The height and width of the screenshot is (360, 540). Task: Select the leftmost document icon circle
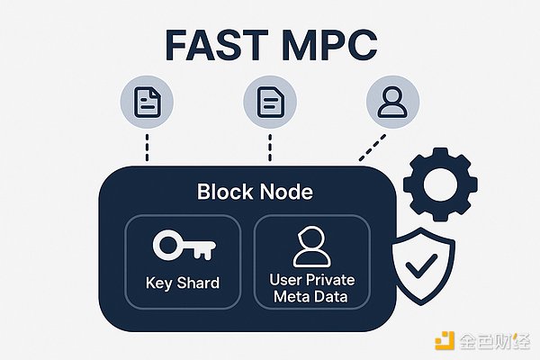click(147, 103)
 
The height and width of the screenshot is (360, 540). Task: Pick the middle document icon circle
click(269, 103)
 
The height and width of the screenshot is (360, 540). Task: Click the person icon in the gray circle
click(391, 102)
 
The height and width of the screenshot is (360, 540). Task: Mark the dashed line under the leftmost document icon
click(147, 145)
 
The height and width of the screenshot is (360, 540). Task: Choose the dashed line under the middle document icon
click(269, 145)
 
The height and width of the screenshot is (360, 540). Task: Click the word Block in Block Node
click(224, 192)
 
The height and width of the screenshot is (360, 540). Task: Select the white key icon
click(182, 246)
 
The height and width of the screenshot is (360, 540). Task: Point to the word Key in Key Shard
click(158, 283)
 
